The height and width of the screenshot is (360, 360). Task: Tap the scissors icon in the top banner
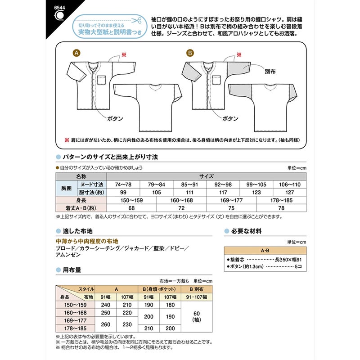click(x=136, y=20)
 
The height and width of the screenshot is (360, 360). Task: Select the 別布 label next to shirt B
click(x=270, y=72)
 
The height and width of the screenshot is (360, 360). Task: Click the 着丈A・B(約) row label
click(x=81, y=208)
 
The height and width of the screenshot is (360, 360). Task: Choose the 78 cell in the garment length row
click(x=281, y=208)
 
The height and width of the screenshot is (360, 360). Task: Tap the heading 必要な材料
click(x=246, y=231)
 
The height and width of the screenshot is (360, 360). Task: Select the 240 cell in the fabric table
click(x=105, y=305)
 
